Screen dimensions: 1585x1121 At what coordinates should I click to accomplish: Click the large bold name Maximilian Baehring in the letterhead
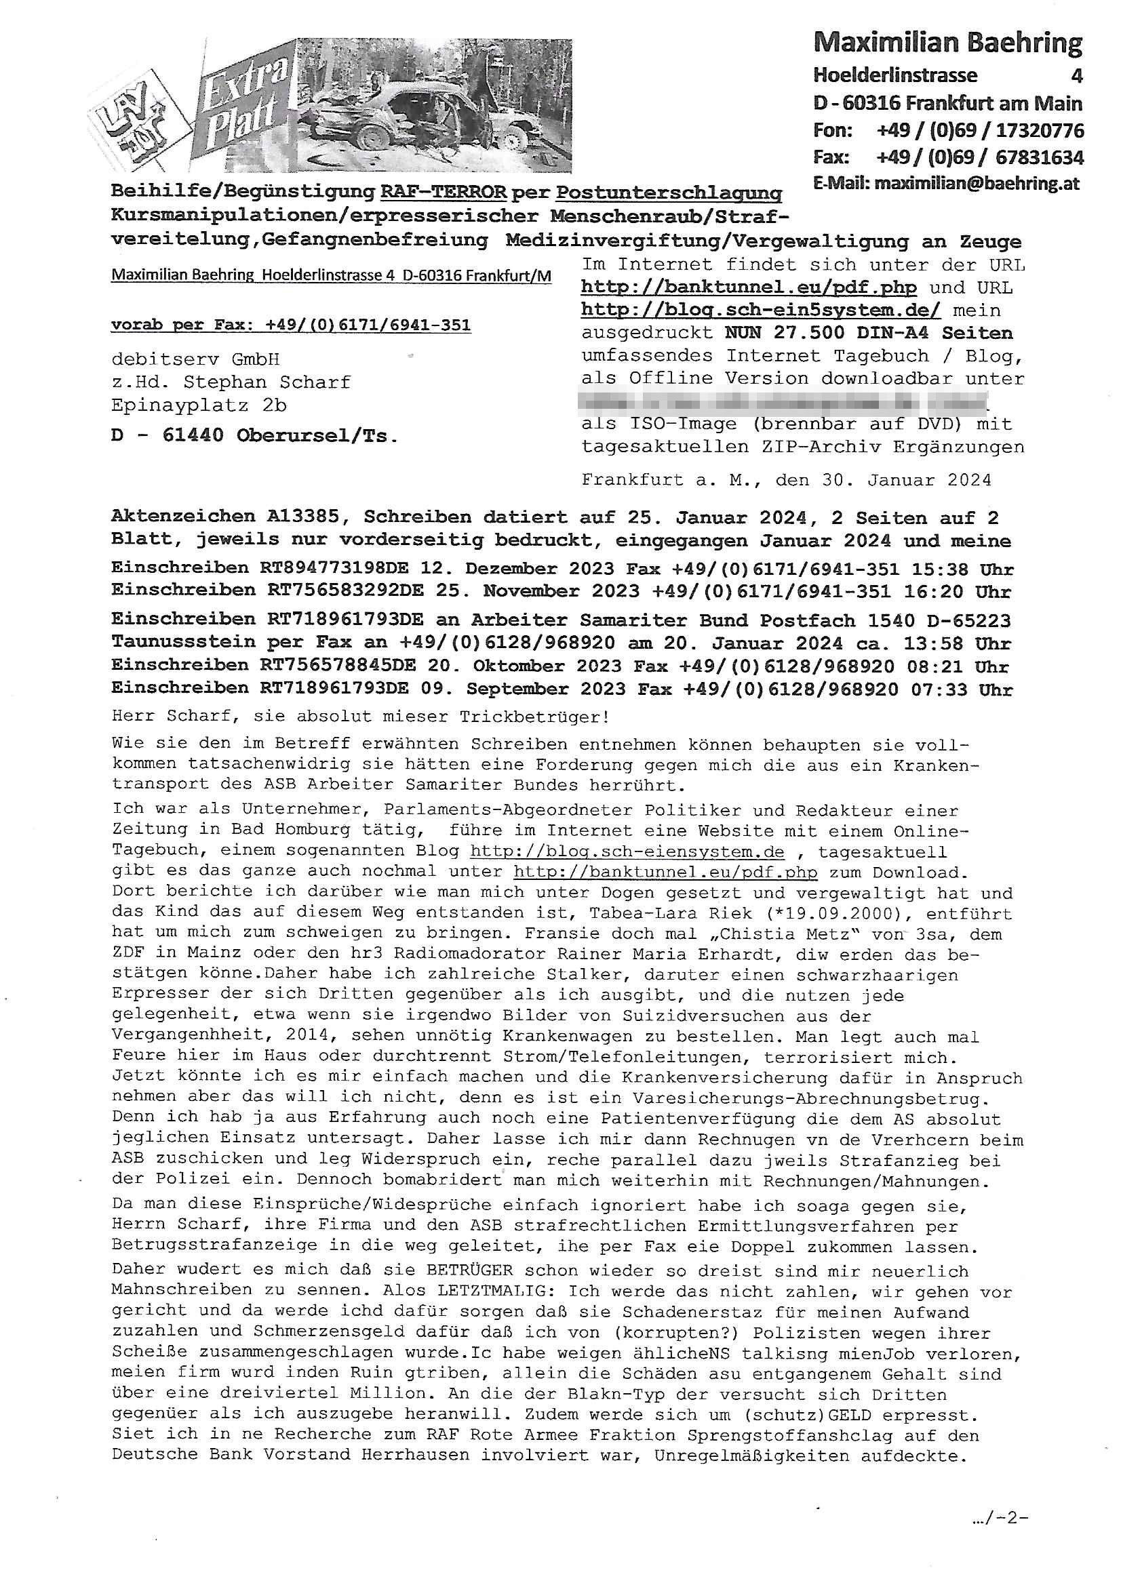point(947,43)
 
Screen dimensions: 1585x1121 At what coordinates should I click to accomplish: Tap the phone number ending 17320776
point(979,130)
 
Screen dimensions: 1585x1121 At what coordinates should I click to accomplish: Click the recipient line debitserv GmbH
point(195,360)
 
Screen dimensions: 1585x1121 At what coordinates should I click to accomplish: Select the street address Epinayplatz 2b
point(199,405)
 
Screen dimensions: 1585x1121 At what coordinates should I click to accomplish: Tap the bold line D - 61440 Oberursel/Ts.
point(254,437)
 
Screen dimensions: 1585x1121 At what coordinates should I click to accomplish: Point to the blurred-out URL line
point(784,401)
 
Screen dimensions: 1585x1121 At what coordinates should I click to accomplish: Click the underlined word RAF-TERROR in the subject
point(444,192)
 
